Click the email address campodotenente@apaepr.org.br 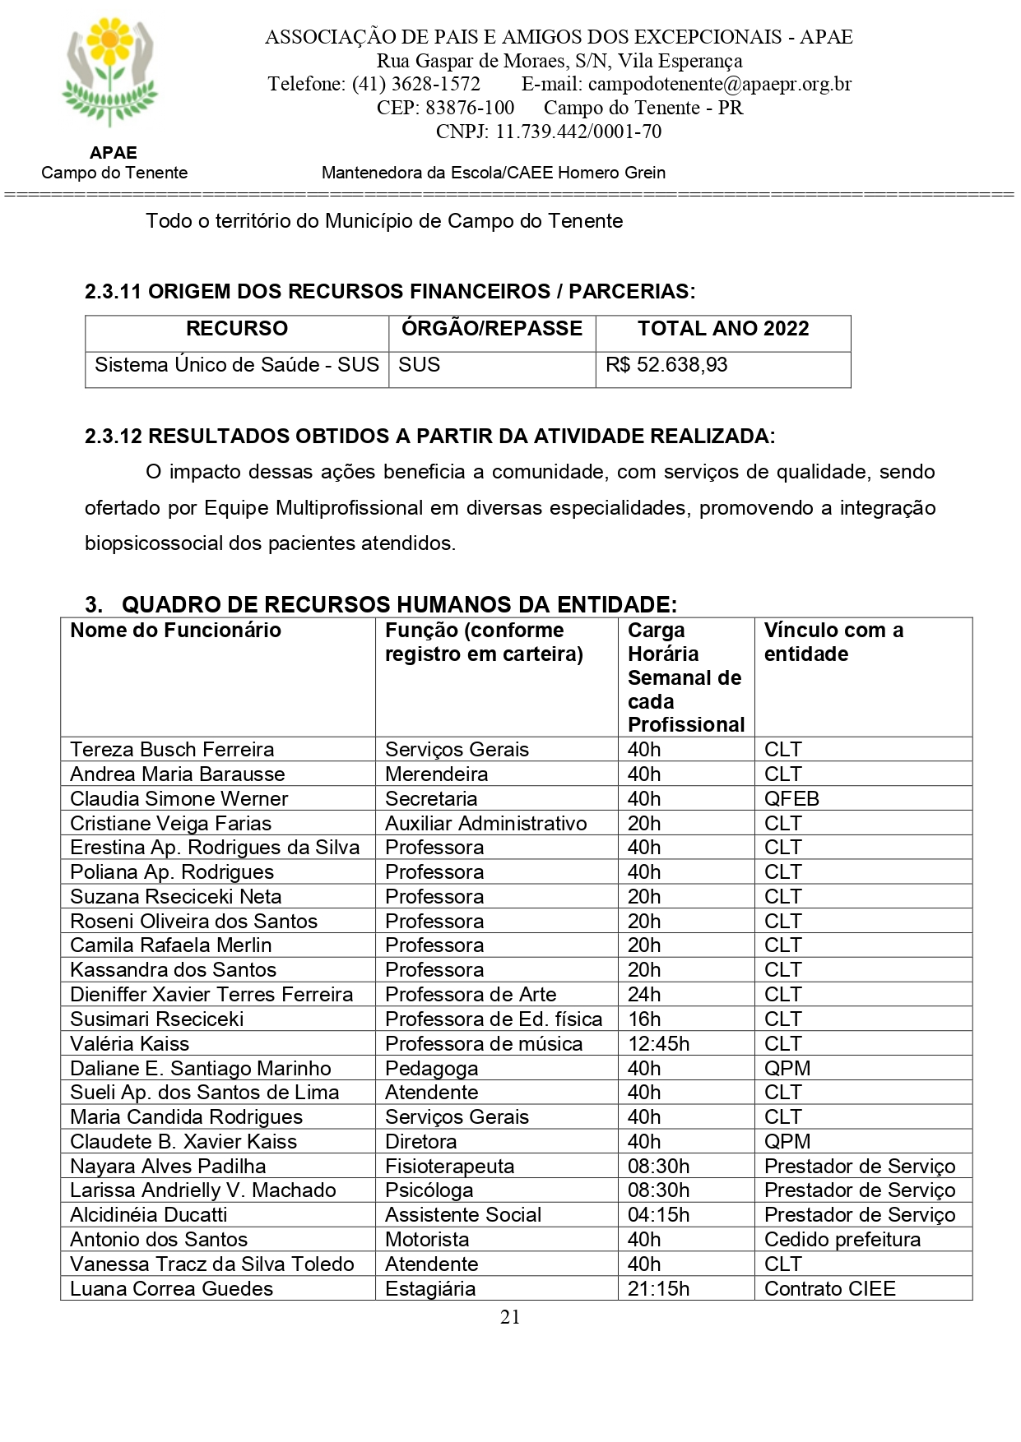[720, 84]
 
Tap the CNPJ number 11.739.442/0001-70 [578, 132]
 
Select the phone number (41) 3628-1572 [415, 84]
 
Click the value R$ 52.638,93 [666, 365]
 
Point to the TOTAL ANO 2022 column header [722, 329]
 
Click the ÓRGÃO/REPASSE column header [492, 329]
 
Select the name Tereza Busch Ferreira [172, 750]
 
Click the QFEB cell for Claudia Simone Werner [791, 798]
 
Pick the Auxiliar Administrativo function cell [485, 823]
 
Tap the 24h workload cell [644, 995]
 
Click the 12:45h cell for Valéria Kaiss [658, 1044]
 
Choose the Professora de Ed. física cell [494, 1019]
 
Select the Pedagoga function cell [432, 1069]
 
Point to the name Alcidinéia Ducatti [149, 1215]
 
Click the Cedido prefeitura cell [842, 1240]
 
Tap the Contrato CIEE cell [829, 1289]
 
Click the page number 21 [510, 1317]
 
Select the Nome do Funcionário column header [175, 631]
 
